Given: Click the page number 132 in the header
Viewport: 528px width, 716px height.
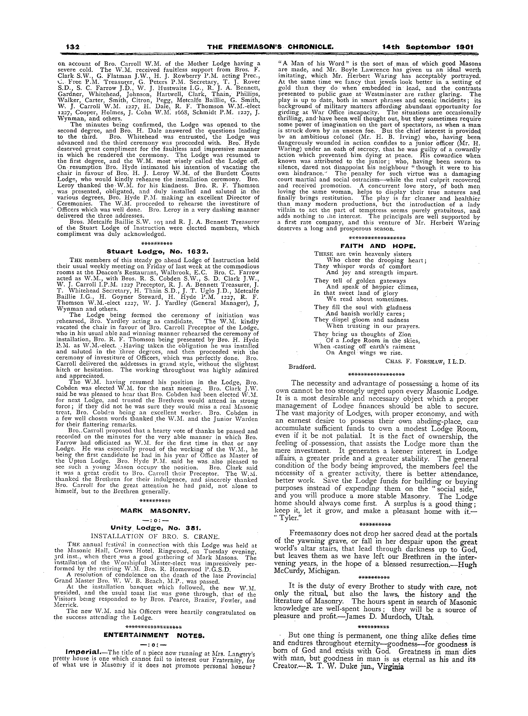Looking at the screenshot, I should [x=73, y=47].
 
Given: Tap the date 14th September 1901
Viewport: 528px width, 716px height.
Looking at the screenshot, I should [x=428, y=47].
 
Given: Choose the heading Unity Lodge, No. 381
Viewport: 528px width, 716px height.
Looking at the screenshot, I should [x=156, y=528].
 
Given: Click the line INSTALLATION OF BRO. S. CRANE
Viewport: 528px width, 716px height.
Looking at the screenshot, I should [x=155, y=536].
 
